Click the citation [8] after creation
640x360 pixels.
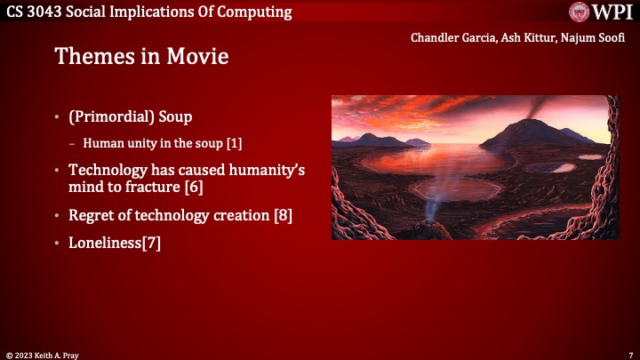pyautogui.click(x=283, y=215)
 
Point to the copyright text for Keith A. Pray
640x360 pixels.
pyautogui.click(x=41, y=354)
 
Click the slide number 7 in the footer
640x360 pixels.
pyautogui.click(x=629, y=354)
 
